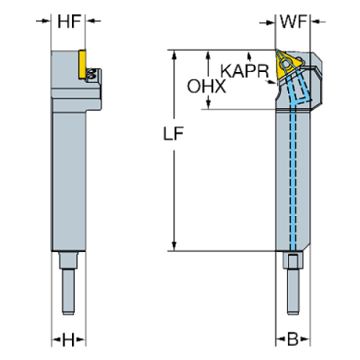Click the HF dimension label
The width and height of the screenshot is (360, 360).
click(69, 22)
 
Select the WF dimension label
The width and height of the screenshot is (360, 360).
click(293, 22)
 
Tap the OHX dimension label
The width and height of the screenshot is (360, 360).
click(206, 87)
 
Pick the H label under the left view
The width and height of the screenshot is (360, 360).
click(69, 340)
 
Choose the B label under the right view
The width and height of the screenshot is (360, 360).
click(292, 340)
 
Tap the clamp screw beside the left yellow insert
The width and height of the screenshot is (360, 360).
click(91, 74)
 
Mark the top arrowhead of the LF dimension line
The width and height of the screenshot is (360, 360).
click(174, 56)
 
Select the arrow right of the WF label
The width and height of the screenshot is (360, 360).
click(317, 22)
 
